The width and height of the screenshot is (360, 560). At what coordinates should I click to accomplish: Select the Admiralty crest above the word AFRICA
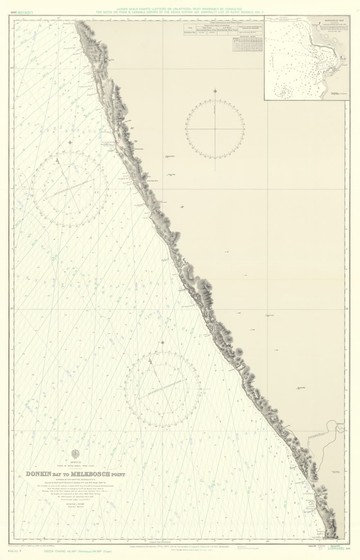click(75, 453)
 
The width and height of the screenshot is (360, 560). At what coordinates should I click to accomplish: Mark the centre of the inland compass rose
click(215, 129)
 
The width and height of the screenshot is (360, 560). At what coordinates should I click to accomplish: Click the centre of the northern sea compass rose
click(70, 189)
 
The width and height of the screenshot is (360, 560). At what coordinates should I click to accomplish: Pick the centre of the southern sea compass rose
click(162, 389)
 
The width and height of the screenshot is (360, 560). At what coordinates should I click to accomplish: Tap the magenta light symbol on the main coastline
click(117, 144)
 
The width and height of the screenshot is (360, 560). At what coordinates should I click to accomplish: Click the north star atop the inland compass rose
click(215, 91)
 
